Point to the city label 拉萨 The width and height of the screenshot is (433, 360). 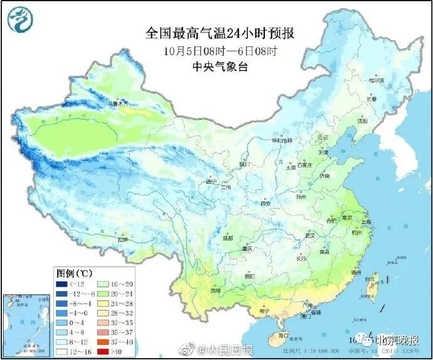tap(123, 240)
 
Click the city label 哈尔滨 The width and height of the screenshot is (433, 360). tap(375, 80)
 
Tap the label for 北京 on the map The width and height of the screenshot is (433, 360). tap(323, 137)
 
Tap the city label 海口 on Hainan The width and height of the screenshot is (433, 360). tap(275, 336)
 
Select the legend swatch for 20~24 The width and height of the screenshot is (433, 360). tap(110, 293)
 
